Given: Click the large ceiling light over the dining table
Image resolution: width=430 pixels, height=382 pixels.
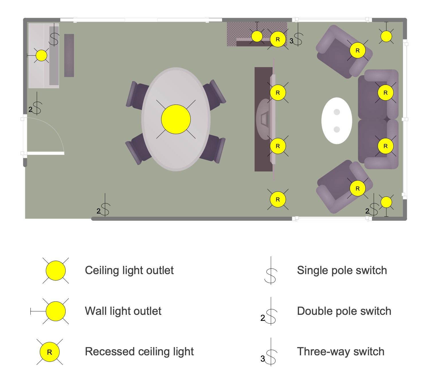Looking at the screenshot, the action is (176, 119).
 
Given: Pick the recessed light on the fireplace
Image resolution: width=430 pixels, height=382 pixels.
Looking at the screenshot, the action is (277, 39).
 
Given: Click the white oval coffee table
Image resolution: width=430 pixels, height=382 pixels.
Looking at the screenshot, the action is (337, 121).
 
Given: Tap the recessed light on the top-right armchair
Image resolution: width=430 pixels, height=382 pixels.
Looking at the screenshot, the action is (358, 50).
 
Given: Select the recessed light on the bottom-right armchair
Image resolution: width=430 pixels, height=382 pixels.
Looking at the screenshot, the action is (358, 188).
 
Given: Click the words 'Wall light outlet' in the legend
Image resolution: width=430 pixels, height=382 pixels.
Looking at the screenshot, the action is (123, 311).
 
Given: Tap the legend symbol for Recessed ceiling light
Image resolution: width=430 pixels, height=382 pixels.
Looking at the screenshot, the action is (50, 352).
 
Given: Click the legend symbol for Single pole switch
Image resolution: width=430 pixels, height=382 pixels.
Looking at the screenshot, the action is (271, 270).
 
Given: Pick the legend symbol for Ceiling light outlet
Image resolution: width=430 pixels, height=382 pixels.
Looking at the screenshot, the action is (56, 270).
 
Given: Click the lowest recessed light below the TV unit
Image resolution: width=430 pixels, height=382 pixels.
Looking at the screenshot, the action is (277, 199).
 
